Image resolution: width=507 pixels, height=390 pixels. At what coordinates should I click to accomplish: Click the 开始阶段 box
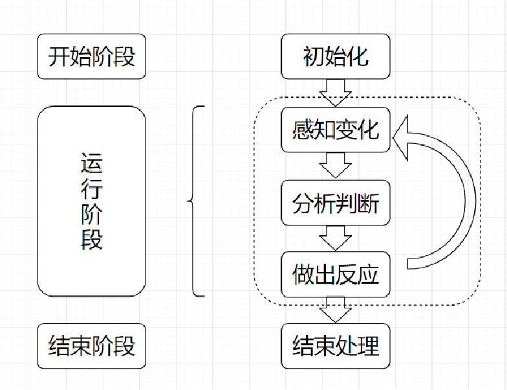(x=92, y=57)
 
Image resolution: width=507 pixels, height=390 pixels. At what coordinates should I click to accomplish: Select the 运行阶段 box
(x=92, y=201)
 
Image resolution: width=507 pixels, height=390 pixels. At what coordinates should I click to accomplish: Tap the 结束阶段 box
(x=92, y=346)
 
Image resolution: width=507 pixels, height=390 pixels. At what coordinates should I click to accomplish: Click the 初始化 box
(x=336, y=57)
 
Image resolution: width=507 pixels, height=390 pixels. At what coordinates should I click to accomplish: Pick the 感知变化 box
(x=336, y=130)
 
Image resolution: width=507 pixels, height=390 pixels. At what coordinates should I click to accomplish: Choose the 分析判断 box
(x=336, y=203)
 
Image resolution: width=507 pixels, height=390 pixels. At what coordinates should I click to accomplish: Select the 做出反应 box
(x=336, y=275)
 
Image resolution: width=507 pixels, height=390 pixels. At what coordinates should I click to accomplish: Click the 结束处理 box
(x=336, y=346)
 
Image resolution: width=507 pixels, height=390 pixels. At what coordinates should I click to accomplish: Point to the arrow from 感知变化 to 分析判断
(x=336, y=165)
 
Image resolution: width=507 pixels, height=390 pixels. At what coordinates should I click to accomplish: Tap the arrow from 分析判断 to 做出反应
(x=336, y=238)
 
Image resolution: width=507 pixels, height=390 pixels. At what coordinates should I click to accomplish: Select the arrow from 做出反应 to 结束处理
(x=336, y=310)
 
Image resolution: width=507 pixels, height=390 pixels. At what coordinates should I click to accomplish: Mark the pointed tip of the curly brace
(x=189, y=201)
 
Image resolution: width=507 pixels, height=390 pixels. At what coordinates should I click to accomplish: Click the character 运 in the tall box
(x=92, y=163)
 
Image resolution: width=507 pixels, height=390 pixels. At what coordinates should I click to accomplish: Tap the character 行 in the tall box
(x=92, y=189)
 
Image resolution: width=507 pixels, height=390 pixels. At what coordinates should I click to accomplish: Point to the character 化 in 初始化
(x=358, y=57)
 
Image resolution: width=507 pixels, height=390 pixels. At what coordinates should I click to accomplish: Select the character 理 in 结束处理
(x=368, y=346)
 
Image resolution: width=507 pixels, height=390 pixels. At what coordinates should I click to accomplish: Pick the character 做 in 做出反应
(x=303, y=275)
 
